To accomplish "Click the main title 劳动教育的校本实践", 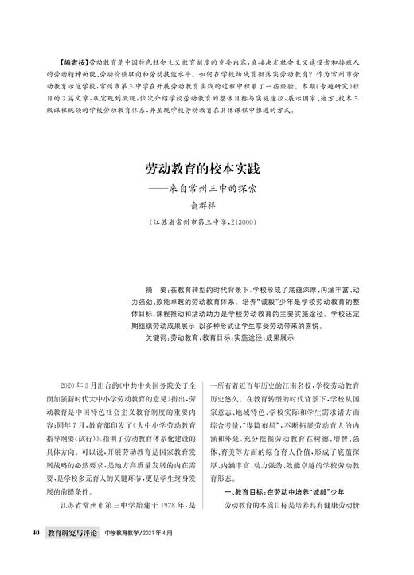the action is [205, 170].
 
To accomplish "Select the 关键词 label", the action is [156, 338].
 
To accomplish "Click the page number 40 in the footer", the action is [36, 531].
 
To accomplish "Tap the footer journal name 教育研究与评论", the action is [72, 531].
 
